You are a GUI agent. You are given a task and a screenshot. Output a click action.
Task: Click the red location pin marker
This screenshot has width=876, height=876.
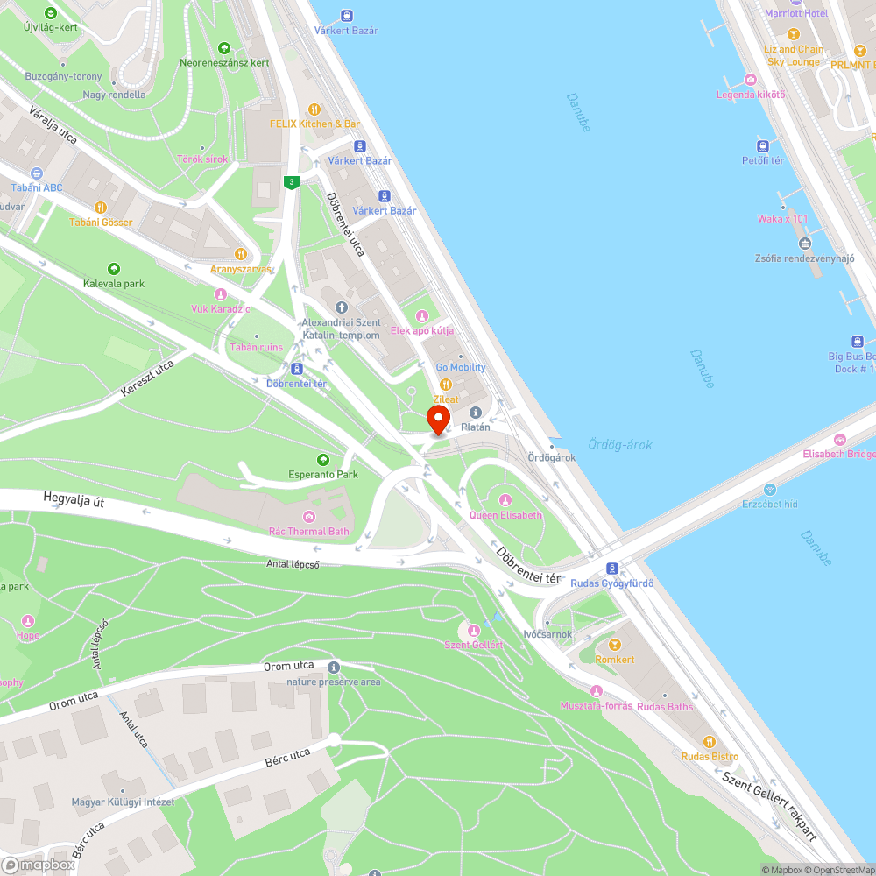438,419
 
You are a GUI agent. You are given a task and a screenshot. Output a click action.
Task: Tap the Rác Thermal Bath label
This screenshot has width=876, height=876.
308,531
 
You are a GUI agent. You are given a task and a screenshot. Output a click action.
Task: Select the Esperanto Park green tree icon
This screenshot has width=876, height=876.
323,459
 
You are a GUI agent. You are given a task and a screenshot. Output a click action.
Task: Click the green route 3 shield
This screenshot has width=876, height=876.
292,182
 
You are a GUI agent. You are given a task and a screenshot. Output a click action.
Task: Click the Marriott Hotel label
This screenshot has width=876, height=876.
795,13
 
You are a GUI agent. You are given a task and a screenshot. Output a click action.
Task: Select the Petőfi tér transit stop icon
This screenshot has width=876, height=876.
762,145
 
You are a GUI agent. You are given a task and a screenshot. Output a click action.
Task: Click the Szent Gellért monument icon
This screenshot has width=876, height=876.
474,630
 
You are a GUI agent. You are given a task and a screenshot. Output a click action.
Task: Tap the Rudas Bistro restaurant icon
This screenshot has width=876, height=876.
710,741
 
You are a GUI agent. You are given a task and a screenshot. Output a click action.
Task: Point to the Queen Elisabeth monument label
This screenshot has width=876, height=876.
505,514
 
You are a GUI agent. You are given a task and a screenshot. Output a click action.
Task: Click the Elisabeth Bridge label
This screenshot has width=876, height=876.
838,454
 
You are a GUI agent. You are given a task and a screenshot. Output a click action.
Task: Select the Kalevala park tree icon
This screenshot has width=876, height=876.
113,269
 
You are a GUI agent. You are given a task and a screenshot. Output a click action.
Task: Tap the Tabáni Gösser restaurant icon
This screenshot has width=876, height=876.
101,208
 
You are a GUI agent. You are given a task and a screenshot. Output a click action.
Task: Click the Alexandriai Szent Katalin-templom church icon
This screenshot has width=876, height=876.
342,307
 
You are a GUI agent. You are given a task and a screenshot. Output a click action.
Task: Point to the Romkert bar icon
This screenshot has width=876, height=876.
614,645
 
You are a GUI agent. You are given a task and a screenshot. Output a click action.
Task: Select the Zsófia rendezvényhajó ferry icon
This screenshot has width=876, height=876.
804,244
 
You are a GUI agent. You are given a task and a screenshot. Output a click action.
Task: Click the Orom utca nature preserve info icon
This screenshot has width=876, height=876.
333,668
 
